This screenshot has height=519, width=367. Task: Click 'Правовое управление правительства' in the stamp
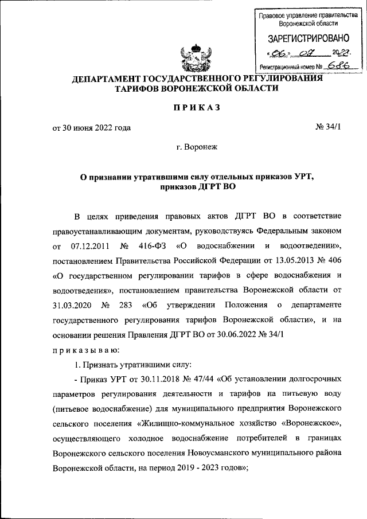[304, 16]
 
